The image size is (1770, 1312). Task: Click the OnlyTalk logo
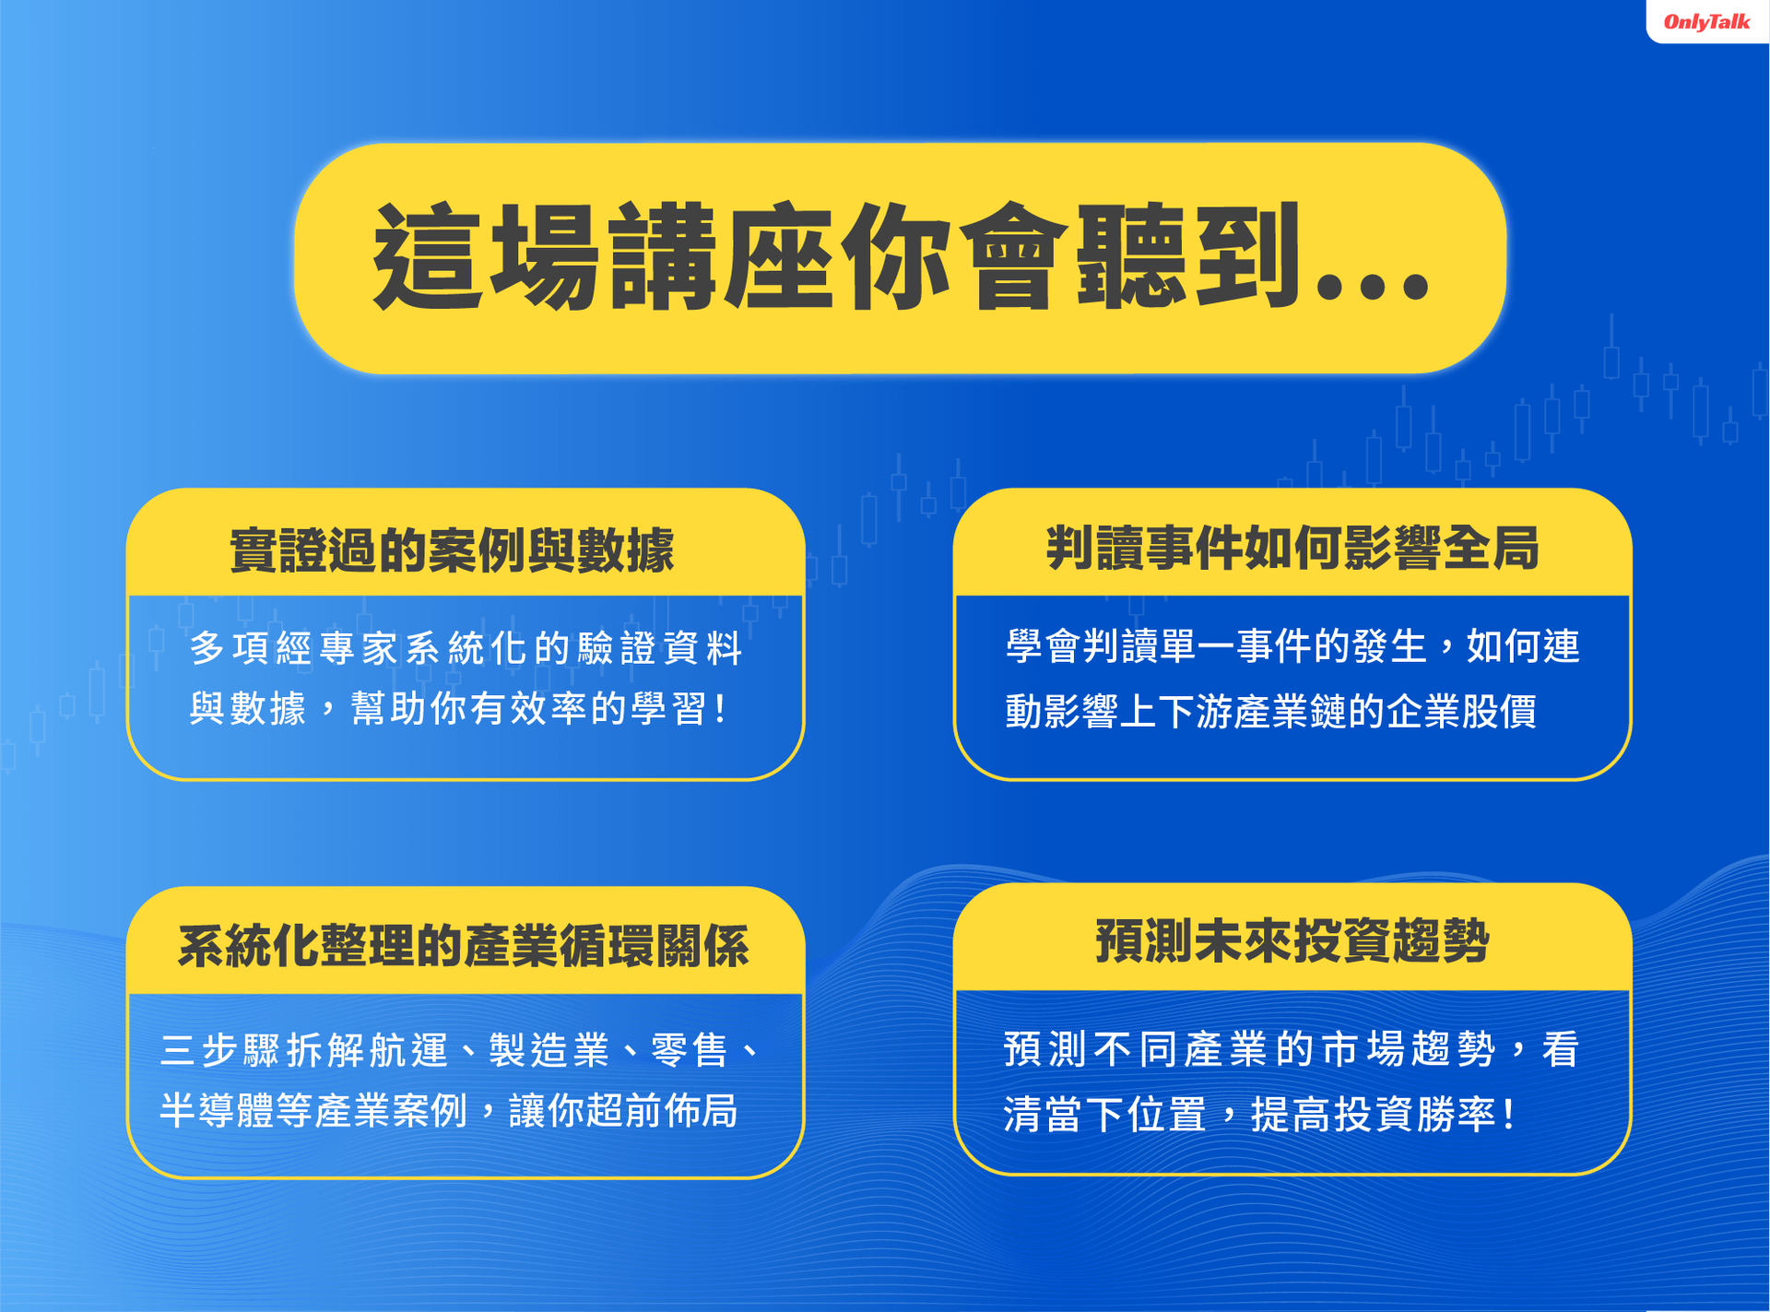(x=1706, y=21)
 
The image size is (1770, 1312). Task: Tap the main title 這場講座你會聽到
(x=837, y=255)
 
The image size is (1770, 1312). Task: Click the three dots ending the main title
(x=1373, y=287)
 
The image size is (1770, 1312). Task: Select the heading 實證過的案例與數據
(x=452, y=550)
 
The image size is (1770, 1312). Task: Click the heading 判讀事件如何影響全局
(x=1292, y=548)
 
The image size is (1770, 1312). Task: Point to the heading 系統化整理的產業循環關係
(x=464, y=946)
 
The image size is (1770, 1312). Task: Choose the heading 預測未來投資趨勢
(x=1292, y=941)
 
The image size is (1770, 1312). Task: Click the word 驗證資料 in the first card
(x=660, y=648)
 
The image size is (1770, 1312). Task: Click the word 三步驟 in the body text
(x=220, y=1050)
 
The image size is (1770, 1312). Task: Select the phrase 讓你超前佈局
(x=623, y=1111)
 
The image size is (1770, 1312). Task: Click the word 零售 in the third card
(x=690, y=1050)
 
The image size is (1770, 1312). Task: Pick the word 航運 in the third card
(x=408, y=1050)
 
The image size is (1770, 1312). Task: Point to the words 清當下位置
(x=1104, y=1115)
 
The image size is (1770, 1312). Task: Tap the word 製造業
(x=549, y=1050)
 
